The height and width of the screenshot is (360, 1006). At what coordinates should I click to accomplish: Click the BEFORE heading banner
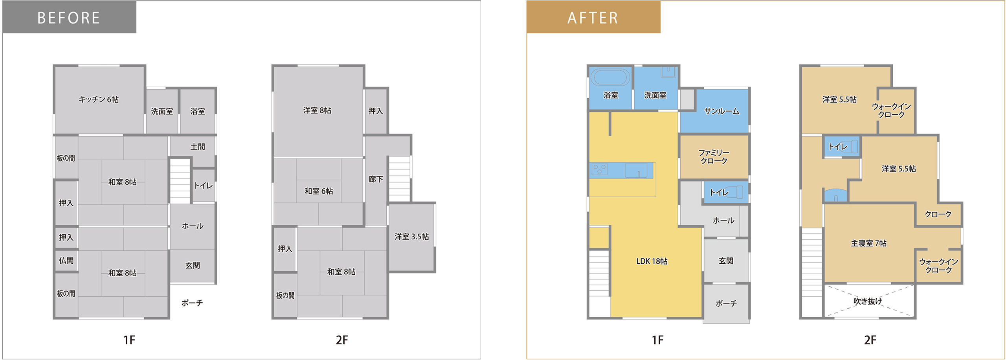click(69, 17)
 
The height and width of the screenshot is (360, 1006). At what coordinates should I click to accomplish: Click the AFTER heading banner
click(593, 17)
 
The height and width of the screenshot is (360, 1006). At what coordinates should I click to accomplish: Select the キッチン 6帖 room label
click(99, 99)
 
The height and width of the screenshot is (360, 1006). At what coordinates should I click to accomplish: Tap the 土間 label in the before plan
click(198, 147)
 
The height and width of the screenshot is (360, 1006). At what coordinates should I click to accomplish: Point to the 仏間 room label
click(66, 261)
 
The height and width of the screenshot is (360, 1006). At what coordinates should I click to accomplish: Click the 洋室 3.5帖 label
click(411, 237)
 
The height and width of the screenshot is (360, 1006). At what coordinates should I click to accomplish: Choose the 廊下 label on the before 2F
click(376, 179)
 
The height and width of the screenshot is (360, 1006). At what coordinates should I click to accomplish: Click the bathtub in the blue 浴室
click(610, 77)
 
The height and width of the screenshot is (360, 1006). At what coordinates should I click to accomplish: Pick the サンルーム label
click(721, 111)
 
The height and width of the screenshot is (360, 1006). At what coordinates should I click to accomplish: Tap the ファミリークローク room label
click(714, 156)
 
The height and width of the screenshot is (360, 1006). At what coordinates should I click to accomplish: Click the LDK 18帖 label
click(652, 261)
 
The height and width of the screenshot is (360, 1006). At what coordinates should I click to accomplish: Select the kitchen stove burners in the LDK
click(600, 169)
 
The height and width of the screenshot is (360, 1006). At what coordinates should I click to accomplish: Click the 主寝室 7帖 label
click(869, 243)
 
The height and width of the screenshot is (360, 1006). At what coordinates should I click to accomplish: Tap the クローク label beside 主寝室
click(938, 214)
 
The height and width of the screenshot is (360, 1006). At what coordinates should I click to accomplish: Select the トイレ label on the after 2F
click(838, 147)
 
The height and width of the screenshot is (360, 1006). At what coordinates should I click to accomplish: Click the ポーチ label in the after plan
click(726, 303)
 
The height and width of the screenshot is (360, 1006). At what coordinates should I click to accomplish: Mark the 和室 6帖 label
click(319, 191)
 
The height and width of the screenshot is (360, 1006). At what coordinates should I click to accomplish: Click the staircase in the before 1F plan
click(180, 181)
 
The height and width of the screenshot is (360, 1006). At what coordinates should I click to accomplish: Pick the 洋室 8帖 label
click(317, 110)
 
